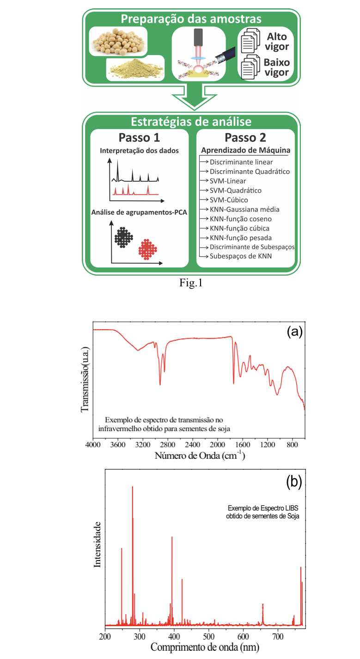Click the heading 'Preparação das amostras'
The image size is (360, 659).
[x=191, y=19]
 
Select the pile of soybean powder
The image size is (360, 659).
[x=134, y=68]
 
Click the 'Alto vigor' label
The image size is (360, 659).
[x=277, y=41]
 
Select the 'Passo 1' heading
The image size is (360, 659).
[x=139, y=138]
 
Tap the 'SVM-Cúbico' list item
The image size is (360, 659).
[x=228, y=200]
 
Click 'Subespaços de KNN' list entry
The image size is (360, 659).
[x=240, y=256]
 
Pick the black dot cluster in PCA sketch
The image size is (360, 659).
[x=123, y=237]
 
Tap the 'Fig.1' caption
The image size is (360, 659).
[x=191, y=283]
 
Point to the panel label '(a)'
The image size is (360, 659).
[x=294, y=332]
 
